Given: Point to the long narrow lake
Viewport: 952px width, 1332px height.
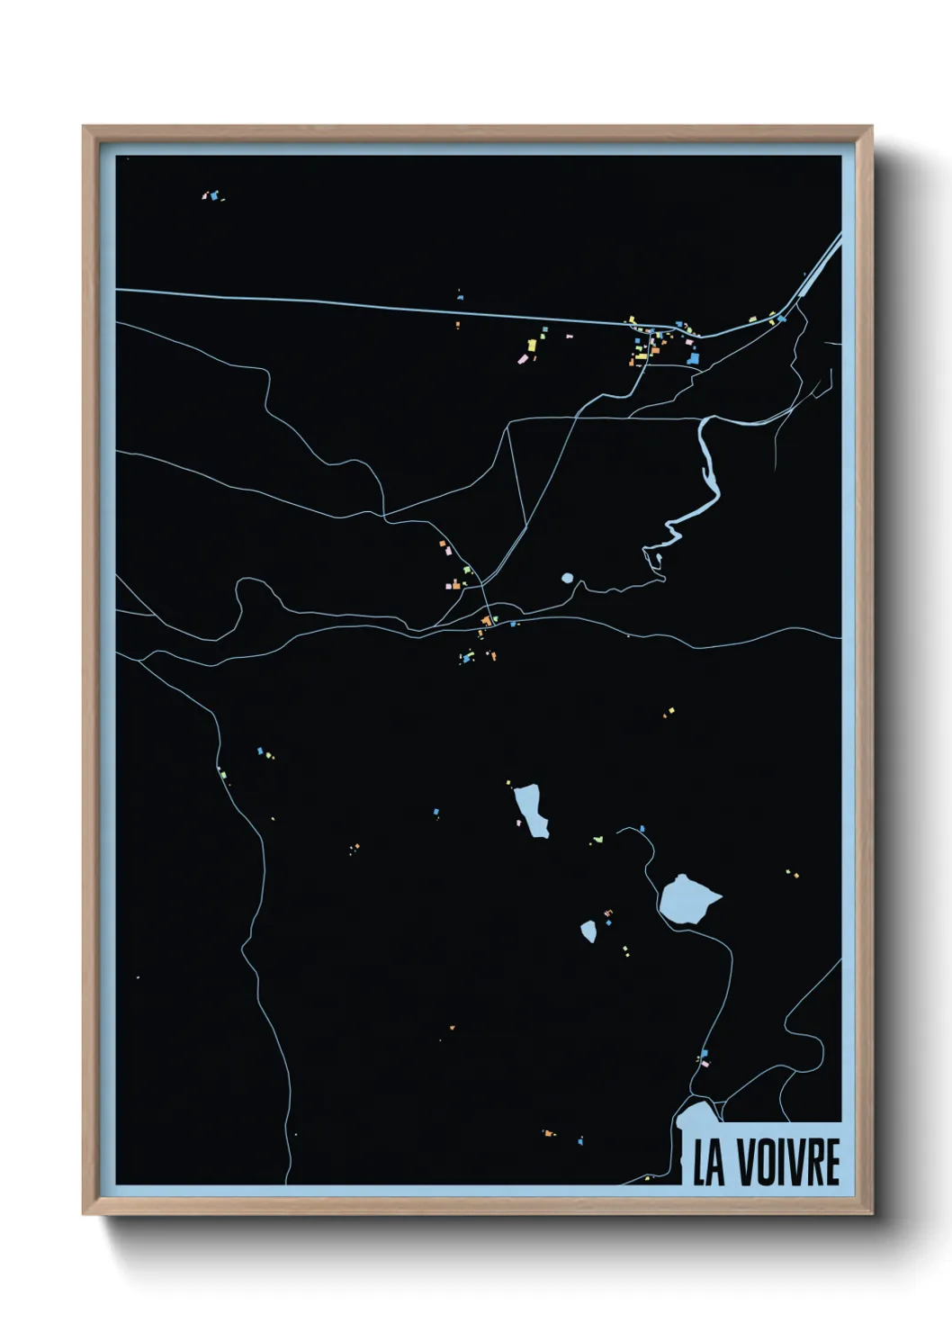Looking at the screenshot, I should pyautogui.click(x=531, y=809).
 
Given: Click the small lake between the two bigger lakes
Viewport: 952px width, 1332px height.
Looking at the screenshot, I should pyautogui.click(x=588, y=931).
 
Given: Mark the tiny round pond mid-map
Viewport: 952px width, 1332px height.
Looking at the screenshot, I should pyautogui.click(x=567, y=578).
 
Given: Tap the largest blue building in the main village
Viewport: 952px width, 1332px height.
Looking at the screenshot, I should pyautogui.click(x=693, y=358).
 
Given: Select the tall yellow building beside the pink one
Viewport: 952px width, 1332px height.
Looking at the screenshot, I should pyautogui.click(x=532, y=345).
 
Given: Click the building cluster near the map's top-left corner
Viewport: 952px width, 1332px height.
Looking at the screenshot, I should pyautogui.click(x=213, y=194).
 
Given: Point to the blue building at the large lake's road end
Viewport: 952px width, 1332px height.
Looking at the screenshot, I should pyautogui.click(x=642, y=829).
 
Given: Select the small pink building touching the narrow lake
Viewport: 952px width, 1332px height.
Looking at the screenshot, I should pyautogui.click(x=519, y=822).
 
